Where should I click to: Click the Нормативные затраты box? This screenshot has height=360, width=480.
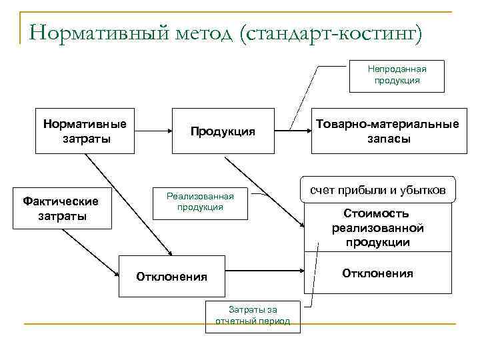pyautogui.click(x=85, y=131)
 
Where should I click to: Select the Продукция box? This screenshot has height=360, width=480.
pyautogui.click(x=223, y=131)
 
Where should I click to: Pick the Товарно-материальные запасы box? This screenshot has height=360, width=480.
pyautogui.click(x=387, y=131)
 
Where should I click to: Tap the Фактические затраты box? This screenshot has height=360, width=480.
pyautogui.click(x=60, y=208)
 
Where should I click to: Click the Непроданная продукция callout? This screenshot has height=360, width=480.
pyautogui.click(x=397, y=74)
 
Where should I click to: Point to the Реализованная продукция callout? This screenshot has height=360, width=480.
pyautogui.click(x=200, y=201)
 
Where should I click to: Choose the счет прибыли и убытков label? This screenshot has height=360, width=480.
pyautogui.click(x=378, y=190)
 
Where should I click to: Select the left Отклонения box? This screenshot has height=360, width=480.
pyautogui.click(x=171, y=276)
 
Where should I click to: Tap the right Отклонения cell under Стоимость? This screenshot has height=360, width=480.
pyautogui.click(x=377, y=273)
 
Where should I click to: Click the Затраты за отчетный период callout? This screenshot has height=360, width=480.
pyautogui.click(x=253, y=315)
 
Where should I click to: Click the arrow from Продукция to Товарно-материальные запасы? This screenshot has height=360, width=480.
pyautogui.click(x=293, y=131)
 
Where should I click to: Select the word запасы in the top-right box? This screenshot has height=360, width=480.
pyautogui.click(x=387, y=139)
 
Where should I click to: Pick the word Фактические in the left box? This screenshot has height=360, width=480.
pyautogui.click(x=60, y=201)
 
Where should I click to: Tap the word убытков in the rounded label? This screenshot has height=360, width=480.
pyautogui.click(x=426, y=190)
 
